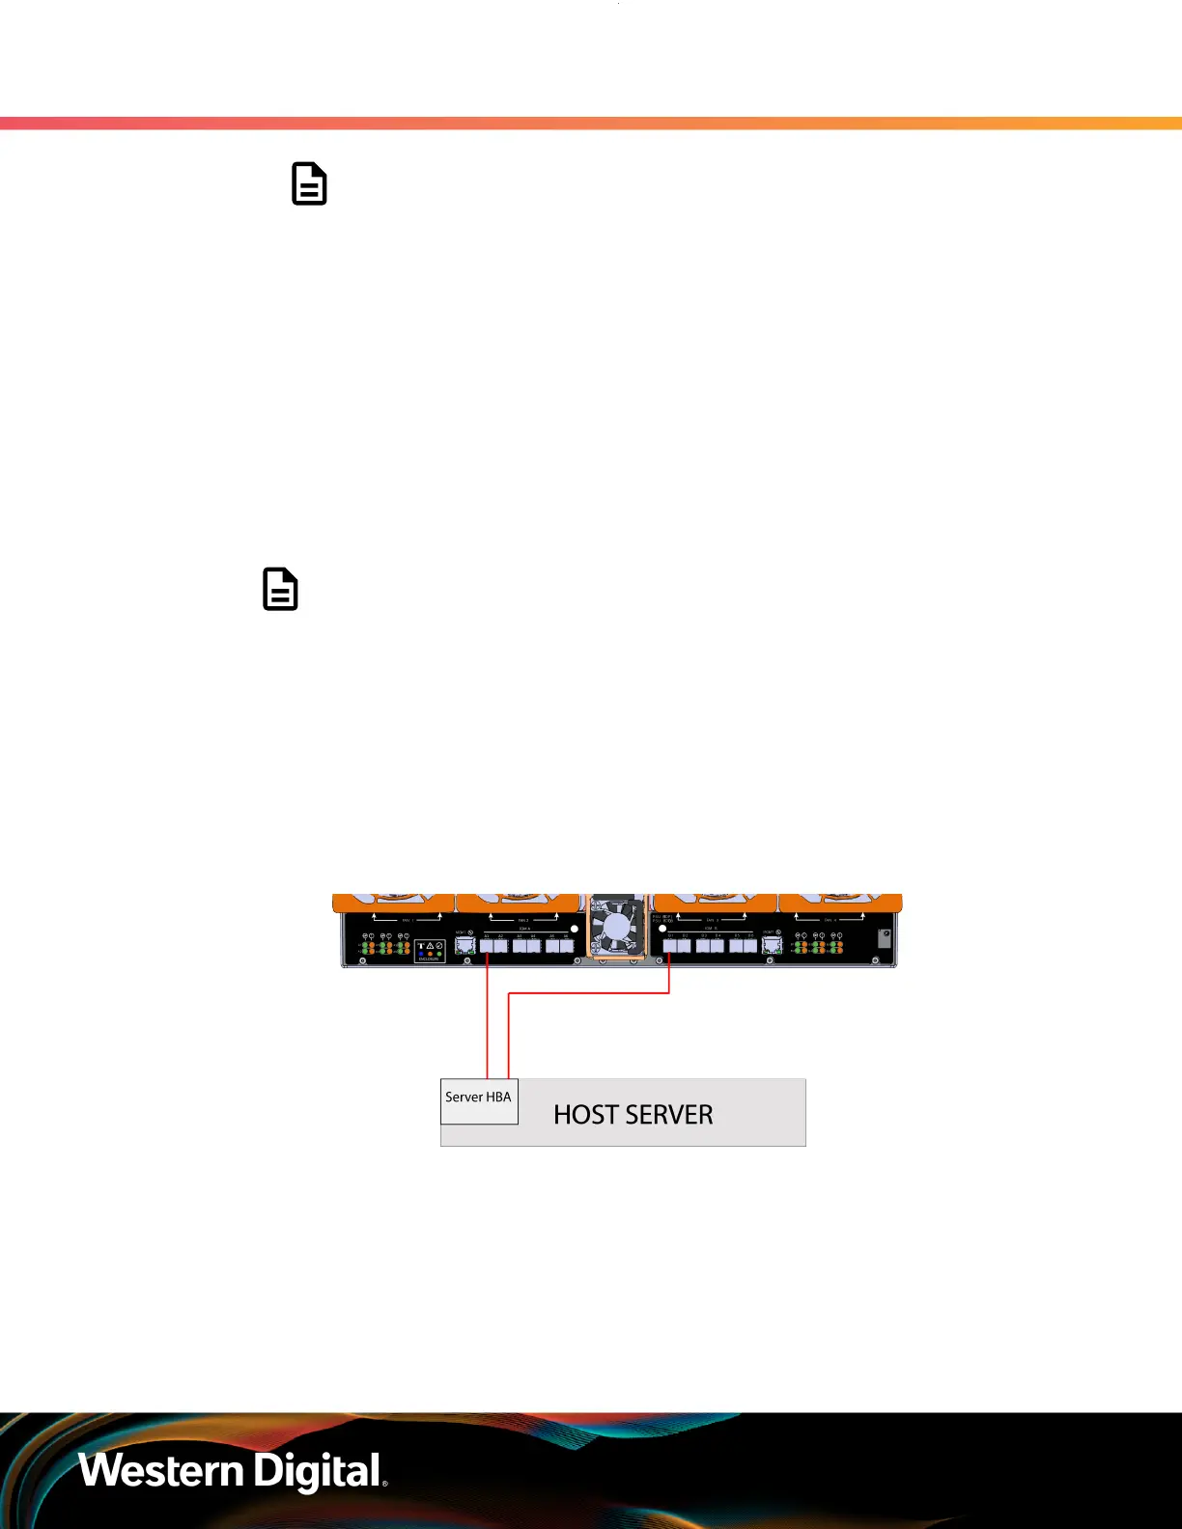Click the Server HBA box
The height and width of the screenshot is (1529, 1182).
click(479, 1101)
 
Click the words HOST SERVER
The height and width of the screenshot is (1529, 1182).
click(633, 1115)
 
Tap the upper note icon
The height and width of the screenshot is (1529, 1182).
click(309, 183)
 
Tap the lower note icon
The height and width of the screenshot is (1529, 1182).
click(280, 589)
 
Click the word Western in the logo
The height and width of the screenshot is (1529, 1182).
click(160, 1471)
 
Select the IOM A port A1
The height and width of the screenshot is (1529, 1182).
click(487, 946)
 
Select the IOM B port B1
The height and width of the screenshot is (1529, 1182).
click(670, 946)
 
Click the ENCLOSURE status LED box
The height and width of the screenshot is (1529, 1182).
click(430, 951)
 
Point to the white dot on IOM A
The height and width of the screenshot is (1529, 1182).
click(575, 929)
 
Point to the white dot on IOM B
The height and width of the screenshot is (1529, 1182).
click(662, 929)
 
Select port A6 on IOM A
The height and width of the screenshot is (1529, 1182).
click(566, 946)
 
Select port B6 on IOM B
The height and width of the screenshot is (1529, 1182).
click(750, 946)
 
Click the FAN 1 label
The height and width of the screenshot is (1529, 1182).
click(407, 920)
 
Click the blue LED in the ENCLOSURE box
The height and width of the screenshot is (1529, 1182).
click(421, 954)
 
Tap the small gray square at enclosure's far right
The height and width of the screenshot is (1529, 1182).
click(884, 937)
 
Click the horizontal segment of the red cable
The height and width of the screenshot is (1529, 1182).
click(589, 993)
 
